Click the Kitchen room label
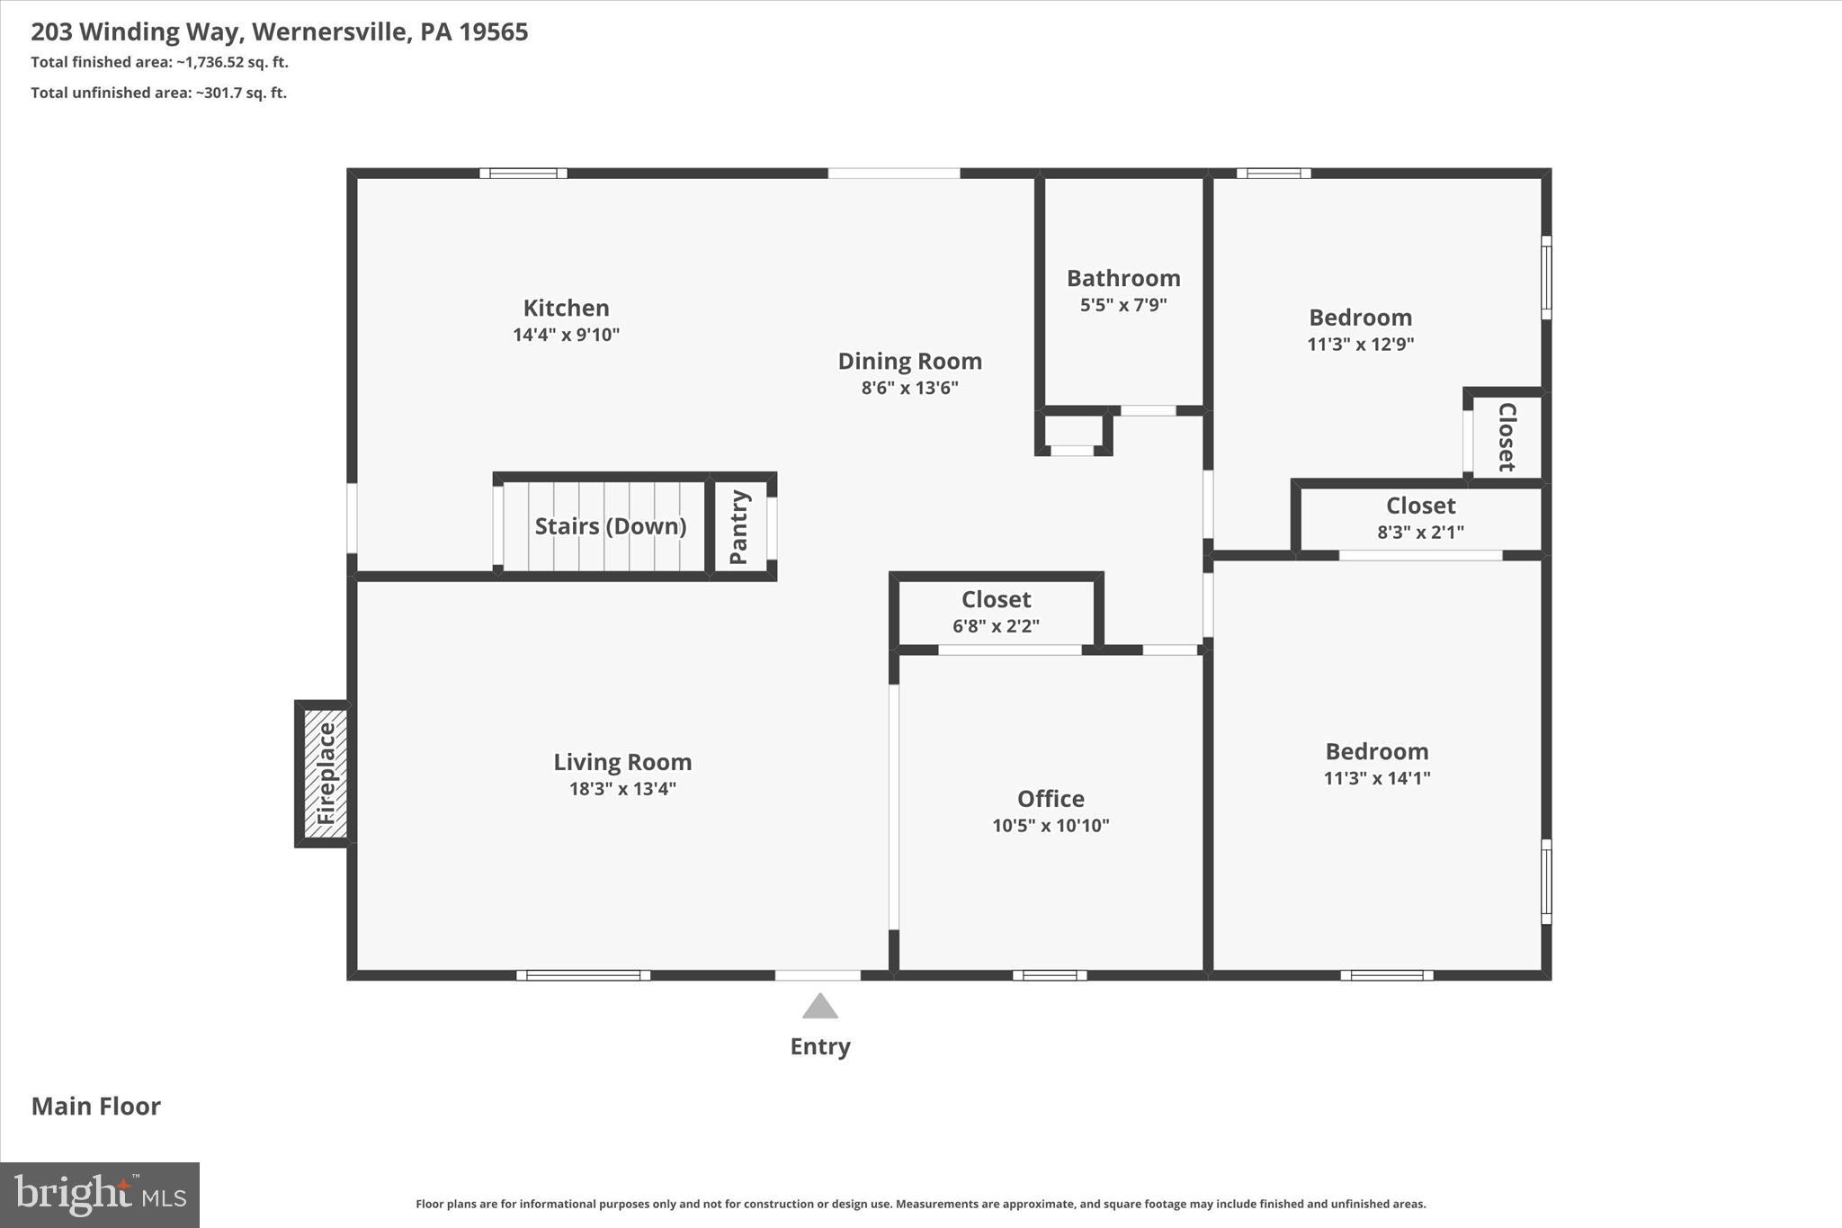(x=566, y=309)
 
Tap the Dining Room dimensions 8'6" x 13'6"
(x=909, y=388)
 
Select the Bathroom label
(x=1123, y=279)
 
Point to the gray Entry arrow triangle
(x=819, y=1007)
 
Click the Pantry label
(x=739, y=527)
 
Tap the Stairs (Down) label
(x=610, y=526)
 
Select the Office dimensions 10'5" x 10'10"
(x=1051, y=826)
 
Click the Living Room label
(x=622, y=763)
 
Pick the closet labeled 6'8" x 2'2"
(x=996, y=612)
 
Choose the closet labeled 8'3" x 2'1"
(x=1420, y=518)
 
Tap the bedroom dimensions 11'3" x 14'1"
(x=1376, y=778)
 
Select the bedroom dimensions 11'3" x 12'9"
(x=1360, y=344)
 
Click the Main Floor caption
(x=96, y=1107)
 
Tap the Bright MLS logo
(x=100, y=1195)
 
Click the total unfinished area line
(x=159, y=93)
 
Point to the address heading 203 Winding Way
(x=279, y=32)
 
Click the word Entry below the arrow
(x=819, y=1046)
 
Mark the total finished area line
(x=159, y=62)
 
